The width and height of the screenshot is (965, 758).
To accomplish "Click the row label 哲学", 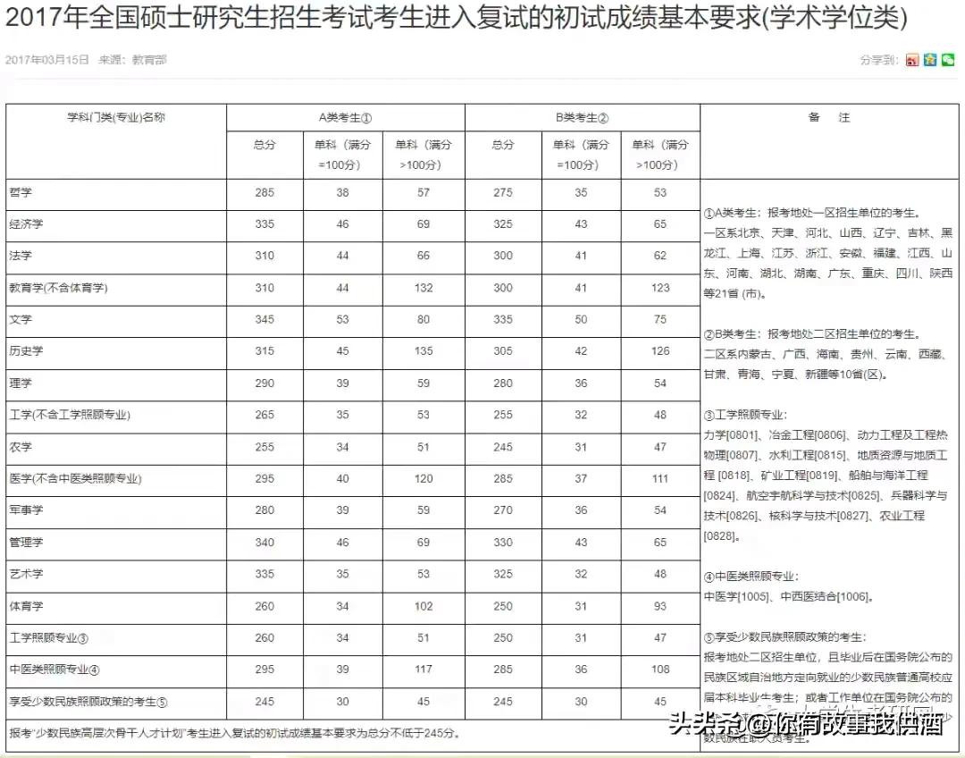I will tap(20, 192).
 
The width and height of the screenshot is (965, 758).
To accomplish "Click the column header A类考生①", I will tap(345, 117).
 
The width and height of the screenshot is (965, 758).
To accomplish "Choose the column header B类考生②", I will tap(582, 117).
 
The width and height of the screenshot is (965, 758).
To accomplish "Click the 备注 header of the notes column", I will tap(828, 117).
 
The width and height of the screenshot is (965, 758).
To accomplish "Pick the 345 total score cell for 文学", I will tap(264, 319).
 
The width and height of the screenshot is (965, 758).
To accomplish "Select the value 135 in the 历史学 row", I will tap(424, 351).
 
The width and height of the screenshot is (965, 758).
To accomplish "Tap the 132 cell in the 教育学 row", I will tap(424, 288).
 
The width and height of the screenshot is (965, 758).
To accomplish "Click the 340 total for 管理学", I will tap(264, 543).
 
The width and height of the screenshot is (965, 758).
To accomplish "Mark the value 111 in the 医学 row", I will tap(660, 479).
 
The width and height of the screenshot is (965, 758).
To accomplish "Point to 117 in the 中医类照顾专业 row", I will tap(424, 670).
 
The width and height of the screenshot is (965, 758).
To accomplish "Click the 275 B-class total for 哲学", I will tap(503, 192).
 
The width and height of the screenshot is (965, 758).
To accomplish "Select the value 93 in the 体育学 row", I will tap(660, 606).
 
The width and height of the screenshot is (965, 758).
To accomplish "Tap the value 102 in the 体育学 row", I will tap(424, 606).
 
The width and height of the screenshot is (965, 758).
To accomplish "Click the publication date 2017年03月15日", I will tap(47, 60).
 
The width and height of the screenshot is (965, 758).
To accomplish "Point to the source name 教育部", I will tap(149, 60).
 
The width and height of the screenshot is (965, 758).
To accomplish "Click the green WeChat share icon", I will tap(947, 60).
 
